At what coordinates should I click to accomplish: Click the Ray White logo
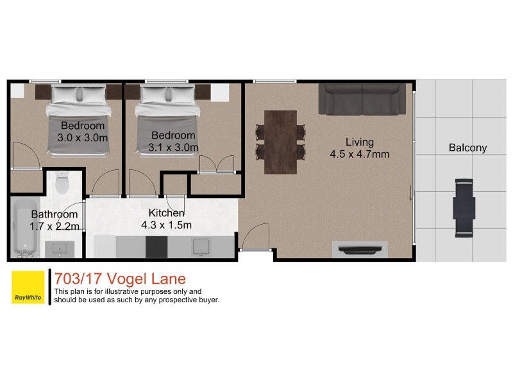point(28,287)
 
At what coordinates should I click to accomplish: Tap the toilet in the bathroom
point(62,184)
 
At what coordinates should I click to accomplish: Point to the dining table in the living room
point(280,142)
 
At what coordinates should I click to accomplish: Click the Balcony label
point(467,148)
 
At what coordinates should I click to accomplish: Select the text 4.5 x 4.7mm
point(359,155)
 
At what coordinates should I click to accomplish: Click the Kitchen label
point(167,213)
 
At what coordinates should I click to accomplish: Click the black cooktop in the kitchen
point(156,247)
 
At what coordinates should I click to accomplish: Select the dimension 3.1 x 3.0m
point(173,148)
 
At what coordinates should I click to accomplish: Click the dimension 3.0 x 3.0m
point(82,137)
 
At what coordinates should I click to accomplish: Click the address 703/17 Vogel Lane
point(120,279)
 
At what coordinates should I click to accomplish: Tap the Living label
point(359,142)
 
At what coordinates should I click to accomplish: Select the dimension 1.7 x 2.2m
point(55,226)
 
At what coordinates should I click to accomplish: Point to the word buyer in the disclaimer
point(208,300)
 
